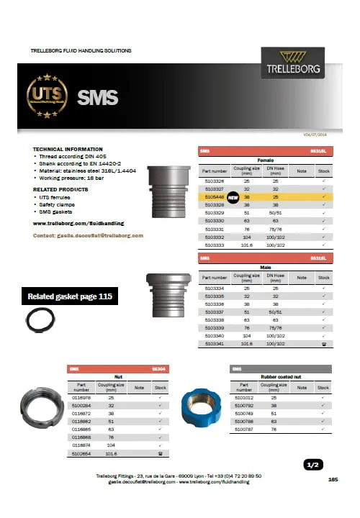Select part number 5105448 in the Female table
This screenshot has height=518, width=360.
pos(216,196)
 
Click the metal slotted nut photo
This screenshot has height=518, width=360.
pos(45,409)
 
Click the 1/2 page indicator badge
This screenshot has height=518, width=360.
pos(312,465)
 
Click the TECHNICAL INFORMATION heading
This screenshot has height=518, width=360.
pos(64,148)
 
